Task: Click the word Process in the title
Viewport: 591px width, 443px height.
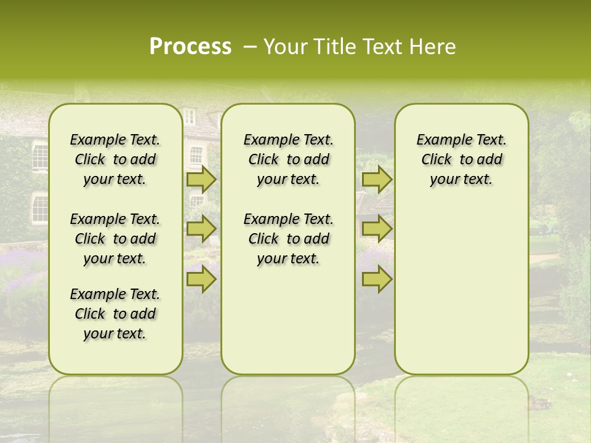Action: click(x=190, y=47)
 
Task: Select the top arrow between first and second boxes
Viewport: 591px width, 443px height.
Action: click(x=201, y=180)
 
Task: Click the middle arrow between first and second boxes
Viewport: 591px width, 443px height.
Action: click(x=201, y=228)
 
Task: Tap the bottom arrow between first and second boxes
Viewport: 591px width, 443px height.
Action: click(x=201, y=279)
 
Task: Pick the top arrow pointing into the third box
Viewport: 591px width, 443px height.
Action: click(x=377, y=180)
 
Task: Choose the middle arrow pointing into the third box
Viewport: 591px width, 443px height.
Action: click(x=377, y=228)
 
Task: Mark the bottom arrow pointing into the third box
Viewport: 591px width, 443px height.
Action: click(x=377, y=279)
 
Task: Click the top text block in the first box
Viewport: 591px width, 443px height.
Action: click(x=115, y=159)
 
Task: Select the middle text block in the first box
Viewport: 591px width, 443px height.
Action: click(x=115, y=239)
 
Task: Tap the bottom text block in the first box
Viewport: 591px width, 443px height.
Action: click(x=115, y=314)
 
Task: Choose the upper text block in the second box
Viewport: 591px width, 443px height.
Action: click(x=288, y=159)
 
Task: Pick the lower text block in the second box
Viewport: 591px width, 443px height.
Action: click(x=288, y=239)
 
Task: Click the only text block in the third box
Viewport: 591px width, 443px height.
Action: click(x=461, y=159)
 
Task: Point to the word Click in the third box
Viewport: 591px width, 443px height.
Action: click(x=436, y=160)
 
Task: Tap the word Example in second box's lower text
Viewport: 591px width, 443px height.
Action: click(x=266, y=220)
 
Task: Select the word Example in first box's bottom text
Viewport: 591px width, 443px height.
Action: click(x=92, y=295)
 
